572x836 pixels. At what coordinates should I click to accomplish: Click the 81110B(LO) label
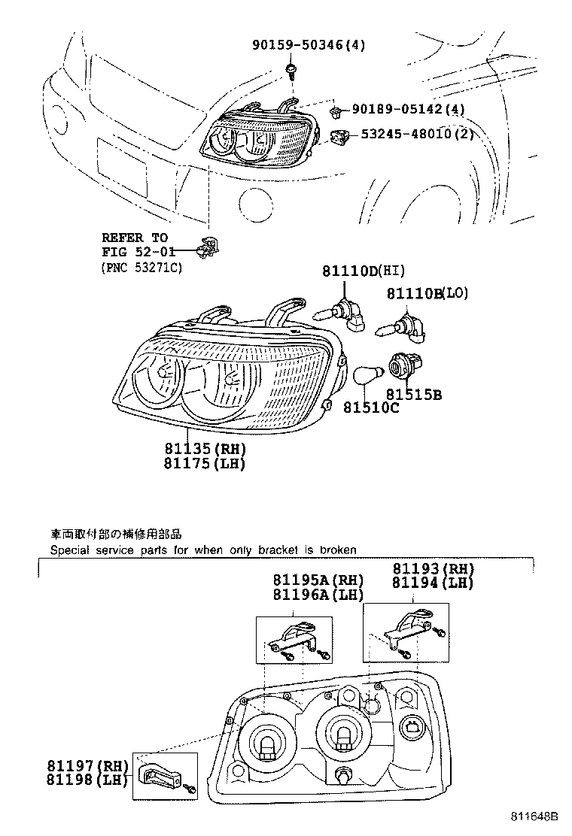[x=427, y=293]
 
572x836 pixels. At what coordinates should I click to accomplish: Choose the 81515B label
[x=413, y=393]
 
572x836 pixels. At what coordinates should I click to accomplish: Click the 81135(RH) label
[x=205, y=449]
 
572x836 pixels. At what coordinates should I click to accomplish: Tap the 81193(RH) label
[x=433, y=569]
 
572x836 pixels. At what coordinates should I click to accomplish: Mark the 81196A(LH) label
[x=318, y=595]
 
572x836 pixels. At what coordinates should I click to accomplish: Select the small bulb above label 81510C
[x=366, y=374]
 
